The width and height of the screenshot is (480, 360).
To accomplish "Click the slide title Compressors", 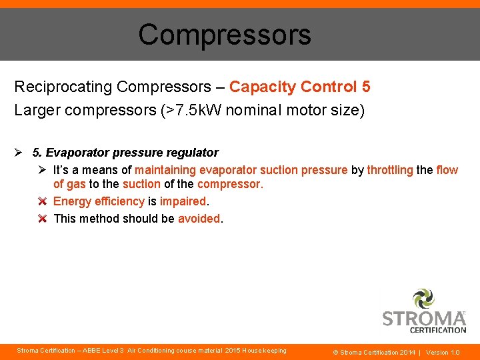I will click(224, 35).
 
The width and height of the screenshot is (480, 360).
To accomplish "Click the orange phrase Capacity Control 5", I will click(299, 87).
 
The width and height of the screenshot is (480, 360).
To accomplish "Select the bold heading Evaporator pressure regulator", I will click(132, 153).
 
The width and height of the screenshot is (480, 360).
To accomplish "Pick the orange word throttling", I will click(390, 170).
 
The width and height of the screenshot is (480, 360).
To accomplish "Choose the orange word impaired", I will click(183, 201).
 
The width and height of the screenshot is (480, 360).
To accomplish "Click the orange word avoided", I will click(199, 219).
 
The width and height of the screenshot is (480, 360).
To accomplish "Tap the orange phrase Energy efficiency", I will click(99, 201).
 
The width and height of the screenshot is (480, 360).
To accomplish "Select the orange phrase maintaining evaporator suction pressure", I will click(241, 170).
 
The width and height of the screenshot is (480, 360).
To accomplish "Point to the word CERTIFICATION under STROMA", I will click(437, 329).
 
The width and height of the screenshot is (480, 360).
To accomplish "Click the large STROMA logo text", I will click(423, 318).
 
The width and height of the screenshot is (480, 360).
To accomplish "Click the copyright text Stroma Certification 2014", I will click(377, 352).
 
